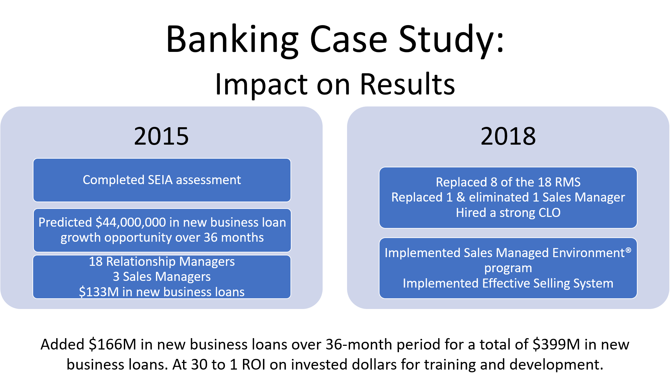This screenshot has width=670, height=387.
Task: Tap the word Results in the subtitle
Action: point(407,84)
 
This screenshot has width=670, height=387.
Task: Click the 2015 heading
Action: point(161,136)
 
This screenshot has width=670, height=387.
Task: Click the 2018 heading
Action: point(508,136)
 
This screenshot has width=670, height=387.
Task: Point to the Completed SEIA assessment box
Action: point(162,180)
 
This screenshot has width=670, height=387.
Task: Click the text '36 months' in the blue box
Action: point(234,237)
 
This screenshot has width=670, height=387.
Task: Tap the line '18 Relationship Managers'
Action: point(162,261)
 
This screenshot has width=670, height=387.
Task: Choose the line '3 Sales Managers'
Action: point(162,277)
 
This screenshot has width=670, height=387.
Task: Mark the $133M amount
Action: point(99,292)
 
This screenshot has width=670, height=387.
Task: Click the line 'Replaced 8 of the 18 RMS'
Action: point(508,182)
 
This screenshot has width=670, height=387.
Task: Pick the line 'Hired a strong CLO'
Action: point(508,213)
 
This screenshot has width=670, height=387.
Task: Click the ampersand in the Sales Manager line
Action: point(461,197)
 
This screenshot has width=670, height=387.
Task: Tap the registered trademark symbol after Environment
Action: point(628,250)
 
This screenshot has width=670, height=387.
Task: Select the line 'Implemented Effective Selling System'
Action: point(508,283)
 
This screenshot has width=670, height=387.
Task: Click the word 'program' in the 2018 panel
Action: point(508,268)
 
